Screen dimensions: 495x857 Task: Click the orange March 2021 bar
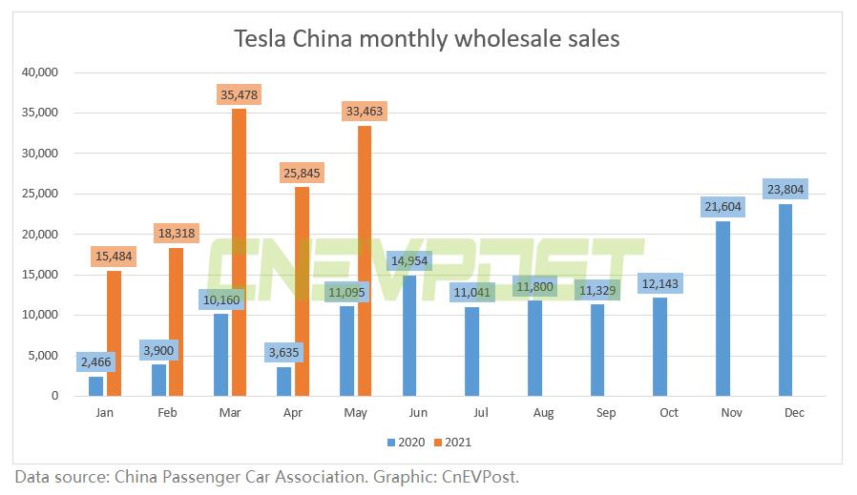[x=239, y=253]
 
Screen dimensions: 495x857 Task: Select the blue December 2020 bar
[x=784, y=299]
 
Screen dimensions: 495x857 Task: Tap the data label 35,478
[x=239, y=94]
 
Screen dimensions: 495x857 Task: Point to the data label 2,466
[x=95, y=362]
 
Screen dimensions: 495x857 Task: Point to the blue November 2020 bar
[x=722, y=308]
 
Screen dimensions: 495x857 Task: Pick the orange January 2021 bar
[x=114, y=333]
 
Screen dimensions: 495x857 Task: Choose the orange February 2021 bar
[x=176, y=321]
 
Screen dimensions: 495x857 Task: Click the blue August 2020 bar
[x=534, y=348]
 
